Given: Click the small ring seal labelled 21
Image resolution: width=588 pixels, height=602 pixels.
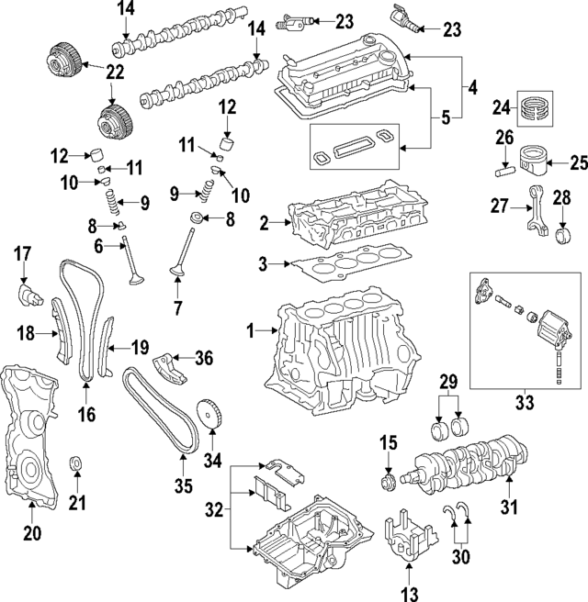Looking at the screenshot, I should (77, 460).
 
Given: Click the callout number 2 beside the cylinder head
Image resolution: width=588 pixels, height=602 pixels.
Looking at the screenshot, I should (265, 222).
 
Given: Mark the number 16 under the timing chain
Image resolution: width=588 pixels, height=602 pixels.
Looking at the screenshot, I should (86, 415).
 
